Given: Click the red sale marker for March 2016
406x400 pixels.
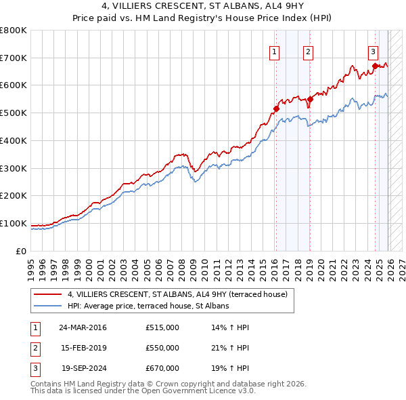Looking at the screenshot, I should (x=276, y=108).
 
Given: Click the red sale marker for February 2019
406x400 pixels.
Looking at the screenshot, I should (x=310, y=99).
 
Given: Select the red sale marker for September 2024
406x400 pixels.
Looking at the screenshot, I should (x=375, y=66).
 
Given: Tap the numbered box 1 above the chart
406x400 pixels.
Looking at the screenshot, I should (x=274, y=50).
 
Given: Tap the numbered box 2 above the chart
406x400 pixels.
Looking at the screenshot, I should (x=308, y=50).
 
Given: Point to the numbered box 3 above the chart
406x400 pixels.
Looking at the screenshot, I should (x=373, y=50).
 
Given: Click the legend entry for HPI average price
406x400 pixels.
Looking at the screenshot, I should (x=148, y=306).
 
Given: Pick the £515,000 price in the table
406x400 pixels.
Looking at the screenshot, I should (x=162, y=327).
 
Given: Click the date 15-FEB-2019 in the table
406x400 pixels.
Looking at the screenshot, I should (x=84, y=347).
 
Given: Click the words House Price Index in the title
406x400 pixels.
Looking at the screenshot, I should (x=246, y=18).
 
